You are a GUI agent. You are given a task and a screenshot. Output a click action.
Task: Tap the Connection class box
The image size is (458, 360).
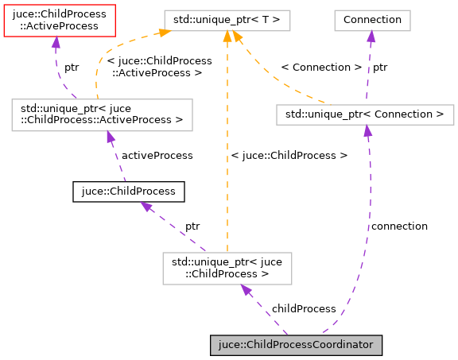click(x=371, y=18)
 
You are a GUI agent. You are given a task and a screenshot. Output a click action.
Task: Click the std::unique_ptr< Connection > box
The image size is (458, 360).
click(x=365, y=114)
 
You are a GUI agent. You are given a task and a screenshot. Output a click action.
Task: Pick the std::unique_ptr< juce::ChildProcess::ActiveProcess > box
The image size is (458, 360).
click(x=101, y=114)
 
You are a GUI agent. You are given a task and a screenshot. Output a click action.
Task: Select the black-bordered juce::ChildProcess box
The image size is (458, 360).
click(x=129, y=192)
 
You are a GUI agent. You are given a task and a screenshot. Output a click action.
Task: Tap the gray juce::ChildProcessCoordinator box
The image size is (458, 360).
click(x=297, y=345)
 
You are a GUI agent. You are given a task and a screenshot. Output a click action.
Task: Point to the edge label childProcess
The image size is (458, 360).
click(x=304, y=308)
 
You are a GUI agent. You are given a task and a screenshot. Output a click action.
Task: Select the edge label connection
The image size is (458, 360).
click(x=399, y=226)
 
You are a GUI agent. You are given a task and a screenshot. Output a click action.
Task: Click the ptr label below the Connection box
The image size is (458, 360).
click(x=380, y=68)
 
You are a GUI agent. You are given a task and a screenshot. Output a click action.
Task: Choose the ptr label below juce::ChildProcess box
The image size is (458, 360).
click(x=192, y=226)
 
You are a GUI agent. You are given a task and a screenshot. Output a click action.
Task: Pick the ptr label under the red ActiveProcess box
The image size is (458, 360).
click(x=72, y=68)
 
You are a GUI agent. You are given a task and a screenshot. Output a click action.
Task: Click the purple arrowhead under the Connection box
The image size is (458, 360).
click(x=371, y=36)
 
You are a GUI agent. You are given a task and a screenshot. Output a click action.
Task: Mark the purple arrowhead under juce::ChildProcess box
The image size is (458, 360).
click(x=146, y=207)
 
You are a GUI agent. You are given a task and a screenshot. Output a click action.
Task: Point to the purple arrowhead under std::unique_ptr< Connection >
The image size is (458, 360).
click(x=367, y=131)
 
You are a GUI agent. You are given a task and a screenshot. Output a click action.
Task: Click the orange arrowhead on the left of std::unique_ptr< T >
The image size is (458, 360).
click(x=165, y=33)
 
